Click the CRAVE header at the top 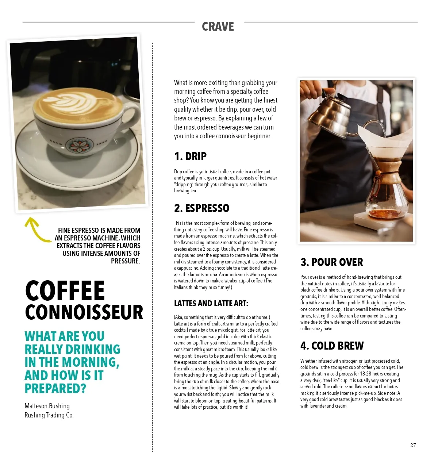click(x=218, y=27)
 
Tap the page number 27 click(x=413, y=445)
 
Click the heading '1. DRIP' click(x=190, y=157)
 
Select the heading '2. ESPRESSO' click(x=201, y=208)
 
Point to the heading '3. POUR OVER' click(x=331, y=262)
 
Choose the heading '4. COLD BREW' click(x=332, y=346)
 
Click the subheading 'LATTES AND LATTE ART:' click(x=211, y=304)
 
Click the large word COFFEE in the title click(x=65, y=291)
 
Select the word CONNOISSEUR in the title click(x=84, y=312)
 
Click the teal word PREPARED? click(x=55, y=389)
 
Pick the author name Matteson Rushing click(x=47, y=406)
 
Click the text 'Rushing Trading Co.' click(x=49, y=415)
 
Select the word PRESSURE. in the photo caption click(x=126, y=261)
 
